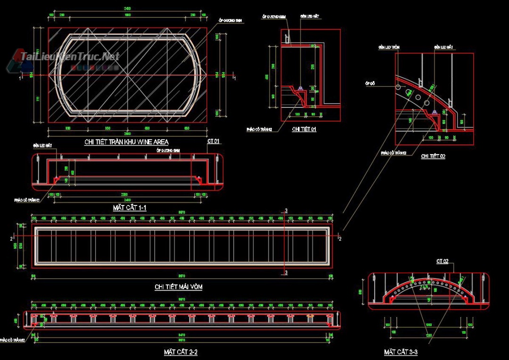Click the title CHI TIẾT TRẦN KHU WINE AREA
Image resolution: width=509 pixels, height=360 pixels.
coord(126,141)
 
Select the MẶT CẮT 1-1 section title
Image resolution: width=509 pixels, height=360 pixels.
coord(130,208)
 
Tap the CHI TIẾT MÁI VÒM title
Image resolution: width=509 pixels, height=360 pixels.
coord(179,287)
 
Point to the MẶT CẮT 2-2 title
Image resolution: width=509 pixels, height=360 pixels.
coord(181,352)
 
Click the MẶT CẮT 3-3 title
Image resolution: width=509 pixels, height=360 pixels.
coord(400,352)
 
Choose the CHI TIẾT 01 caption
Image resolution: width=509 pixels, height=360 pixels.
coord(304,129)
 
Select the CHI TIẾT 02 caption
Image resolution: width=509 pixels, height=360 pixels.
coord(433,155)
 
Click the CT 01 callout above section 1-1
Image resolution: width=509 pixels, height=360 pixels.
coord(213,141)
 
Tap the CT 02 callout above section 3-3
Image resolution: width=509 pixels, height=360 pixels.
coord(442,261)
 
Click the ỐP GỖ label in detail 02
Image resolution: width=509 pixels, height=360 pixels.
coord(369,83)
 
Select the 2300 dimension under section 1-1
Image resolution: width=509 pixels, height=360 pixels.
coord(124,194)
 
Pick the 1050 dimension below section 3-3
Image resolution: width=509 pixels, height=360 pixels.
coord(429,325)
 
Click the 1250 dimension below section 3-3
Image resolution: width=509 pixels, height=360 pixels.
coord(429,335)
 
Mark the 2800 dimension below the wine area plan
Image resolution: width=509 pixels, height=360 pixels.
coord(127,134)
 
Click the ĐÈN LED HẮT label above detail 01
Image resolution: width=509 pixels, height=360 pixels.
coord(310,16)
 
